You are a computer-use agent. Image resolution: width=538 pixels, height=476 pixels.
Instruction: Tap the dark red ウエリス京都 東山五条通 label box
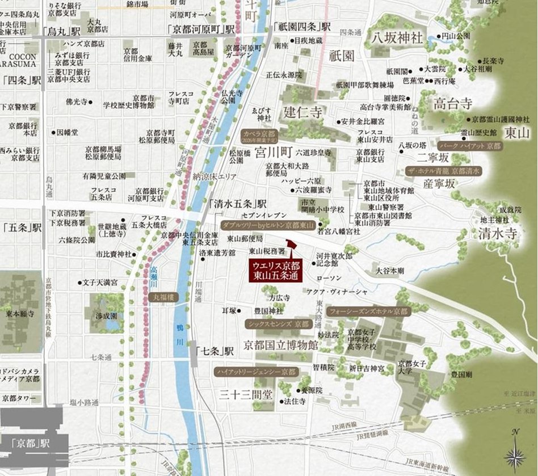coord(277,270)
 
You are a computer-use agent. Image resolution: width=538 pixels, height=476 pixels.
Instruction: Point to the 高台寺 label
coord(452,104)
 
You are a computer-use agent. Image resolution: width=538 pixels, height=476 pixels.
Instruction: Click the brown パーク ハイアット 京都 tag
coord(470,145)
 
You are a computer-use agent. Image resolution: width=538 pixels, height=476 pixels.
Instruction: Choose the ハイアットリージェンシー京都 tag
coord(257,372)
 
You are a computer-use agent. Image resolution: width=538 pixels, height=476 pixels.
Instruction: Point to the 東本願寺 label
coord(15,312)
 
